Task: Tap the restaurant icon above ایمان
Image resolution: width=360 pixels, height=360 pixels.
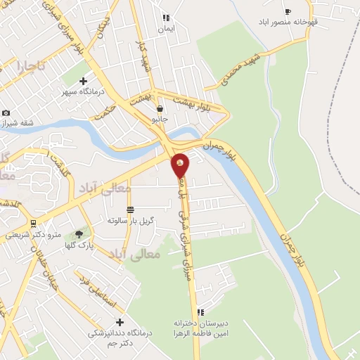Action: point(166,18)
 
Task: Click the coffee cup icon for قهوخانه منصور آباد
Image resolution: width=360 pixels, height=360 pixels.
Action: point(287,11)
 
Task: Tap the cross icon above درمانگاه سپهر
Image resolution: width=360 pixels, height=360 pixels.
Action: point(84,81)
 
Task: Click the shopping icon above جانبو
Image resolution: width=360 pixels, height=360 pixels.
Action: point(161,109)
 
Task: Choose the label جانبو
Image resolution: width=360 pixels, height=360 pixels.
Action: point(161,120)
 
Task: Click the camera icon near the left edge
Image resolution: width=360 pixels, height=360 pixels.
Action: point(6,112)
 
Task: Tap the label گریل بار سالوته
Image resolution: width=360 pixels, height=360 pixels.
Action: point(131,220)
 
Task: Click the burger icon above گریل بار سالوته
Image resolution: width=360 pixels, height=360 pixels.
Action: point(130,210)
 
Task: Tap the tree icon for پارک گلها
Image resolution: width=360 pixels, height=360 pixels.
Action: point(78,233)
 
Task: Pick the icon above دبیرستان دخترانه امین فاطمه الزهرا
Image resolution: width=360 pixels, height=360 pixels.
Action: point(200,312)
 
